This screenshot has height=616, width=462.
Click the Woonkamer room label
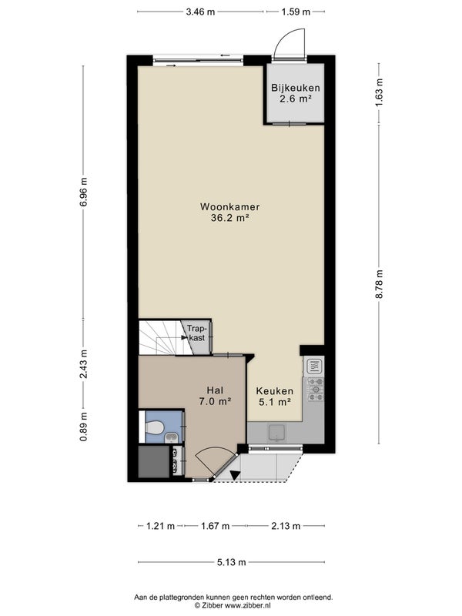[229, 206]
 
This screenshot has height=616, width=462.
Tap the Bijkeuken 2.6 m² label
[296, 93]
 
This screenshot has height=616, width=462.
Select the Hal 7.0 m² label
[215, 396]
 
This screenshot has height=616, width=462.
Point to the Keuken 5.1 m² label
[275, 397]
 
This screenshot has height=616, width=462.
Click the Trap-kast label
[196, 333]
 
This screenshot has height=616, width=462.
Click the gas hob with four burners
[316, 390]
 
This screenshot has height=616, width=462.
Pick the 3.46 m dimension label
[200, 12]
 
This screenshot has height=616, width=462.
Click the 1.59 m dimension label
[296, 12]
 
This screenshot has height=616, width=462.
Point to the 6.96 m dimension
[83, 192]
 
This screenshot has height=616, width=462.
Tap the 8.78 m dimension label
[379, 284]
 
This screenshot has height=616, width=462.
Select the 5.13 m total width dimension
[232, 562]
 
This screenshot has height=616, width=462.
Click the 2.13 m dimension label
[286, 526]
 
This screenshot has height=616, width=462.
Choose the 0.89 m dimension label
[83, 427]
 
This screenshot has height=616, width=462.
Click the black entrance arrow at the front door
[235, 475]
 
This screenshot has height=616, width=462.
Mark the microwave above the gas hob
[315, 367]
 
